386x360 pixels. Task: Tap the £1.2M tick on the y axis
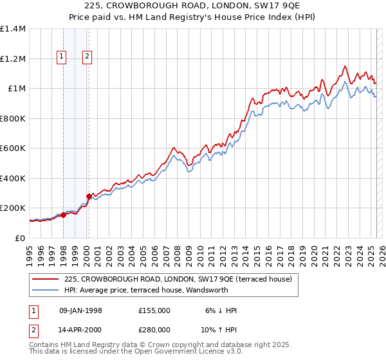(x=12, y=59)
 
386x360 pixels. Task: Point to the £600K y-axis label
(x=12, y=148)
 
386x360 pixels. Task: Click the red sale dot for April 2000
(x=89, y=196)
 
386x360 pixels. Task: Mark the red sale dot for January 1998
(x=64, y=215)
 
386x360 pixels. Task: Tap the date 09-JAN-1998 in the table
(x=80, y=310)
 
